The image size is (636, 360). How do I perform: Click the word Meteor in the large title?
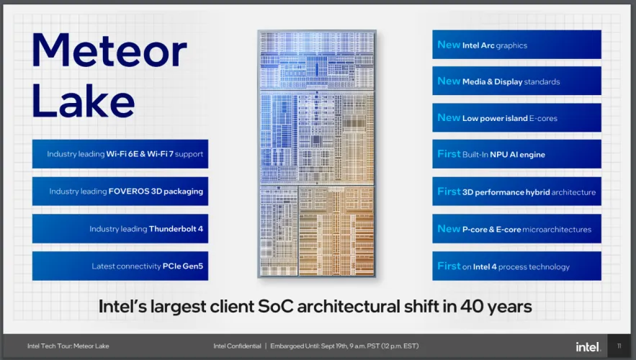pyautogui.click(x=109, y=50)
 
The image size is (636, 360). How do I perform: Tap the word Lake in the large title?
pyautogui.click(x=83, y=100)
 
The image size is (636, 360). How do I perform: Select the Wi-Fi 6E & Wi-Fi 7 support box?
pyautogui.click(x=120, y=154)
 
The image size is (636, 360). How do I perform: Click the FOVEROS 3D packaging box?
pyautogui.click(x=120, y=192)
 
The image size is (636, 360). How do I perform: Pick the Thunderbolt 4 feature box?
pyautogui.click(x=120, y=229)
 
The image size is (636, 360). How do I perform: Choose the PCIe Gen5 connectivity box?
pyautogui.click(x=120, y=266)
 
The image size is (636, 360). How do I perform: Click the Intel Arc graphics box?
pyautogui.click(x=516, y=45)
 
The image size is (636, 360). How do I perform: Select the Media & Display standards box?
pyautogui.click(x=516, y=81)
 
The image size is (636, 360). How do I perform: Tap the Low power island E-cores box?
pyautogui.click(x=516, y=117)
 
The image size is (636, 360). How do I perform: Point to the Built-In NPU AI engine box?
pyautogui.click(x=516, y=154)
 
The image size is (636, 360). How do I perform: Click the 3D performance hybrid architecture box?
pyautogui.click(x=516, y=192)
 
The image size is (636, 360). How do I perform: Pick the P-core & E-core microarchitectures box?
pyautogui.click(x=516, y=229)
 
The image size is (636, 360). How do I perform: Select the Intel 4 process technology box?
pyautogui.click(x=516, y=266)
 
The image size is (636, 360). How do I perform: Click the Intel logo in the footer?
pyautogui.click(x=588, y=346)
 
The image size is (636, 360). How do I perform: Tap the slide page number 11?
pyautogui.click(x=619, y=346)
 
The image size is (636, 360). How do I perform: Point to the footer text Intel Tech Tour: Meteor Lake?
pyautogui.click(x=68, y=346)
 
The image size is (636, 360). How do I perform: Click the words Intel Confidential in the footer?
pyautogui.click(x=237, y=346)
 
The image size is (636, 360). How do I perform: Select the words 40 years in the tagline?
pyautogui.click(x=496, y=307)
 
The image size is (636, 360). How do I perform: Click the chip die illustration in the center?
pyautogui.click(x=317, y=153)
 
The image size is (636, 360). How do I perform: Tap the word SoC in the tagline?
pyautogui.click(x=275, y=307)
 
